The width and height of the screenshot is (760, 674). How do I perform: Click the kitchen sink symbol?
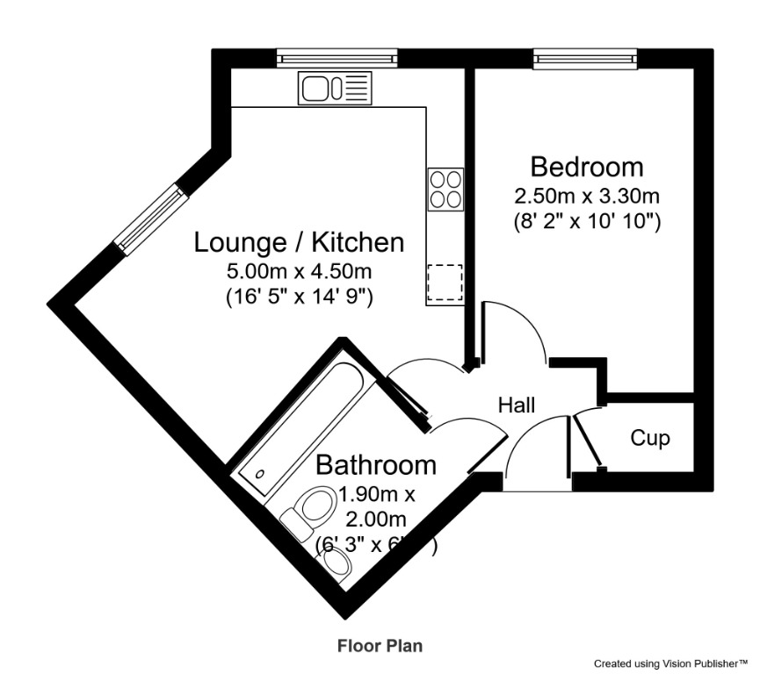pos(334,88)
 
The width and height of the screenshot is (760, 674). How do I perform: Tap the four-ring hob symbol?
pos(445,189)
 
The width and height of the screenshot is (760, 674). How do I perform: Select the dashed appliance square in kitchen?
pos(445,283)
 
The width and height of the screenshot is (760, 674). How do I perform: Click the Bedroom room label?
pos(586,166)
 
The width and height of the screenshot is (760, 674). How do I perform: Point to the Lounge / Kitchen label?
pos(299,242)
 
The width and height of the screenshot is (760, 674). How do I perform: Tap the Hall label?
pos(517,405)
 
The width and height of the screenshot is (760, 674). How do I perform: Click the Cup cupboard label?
pos(650,437)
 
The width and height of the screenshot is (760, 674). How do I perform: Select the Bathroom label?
pos(376,464)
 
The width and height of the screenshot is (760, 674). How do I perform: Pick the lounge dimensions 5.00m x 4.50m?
pos(299,270)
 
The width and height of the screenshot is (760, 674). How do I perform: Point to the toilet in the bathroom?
pos(309,511)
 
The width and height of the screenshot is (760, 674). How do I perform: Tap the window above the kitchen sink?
pos(338,59)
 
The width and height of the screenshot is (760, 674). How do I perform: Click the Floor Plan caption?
pos(380,646)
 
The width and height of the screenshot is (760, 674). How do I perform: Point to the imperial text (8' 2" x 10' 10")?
pos(586,221)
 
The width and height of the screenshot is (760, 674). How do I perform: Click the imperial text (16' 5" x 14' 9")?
pos(299,297)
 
